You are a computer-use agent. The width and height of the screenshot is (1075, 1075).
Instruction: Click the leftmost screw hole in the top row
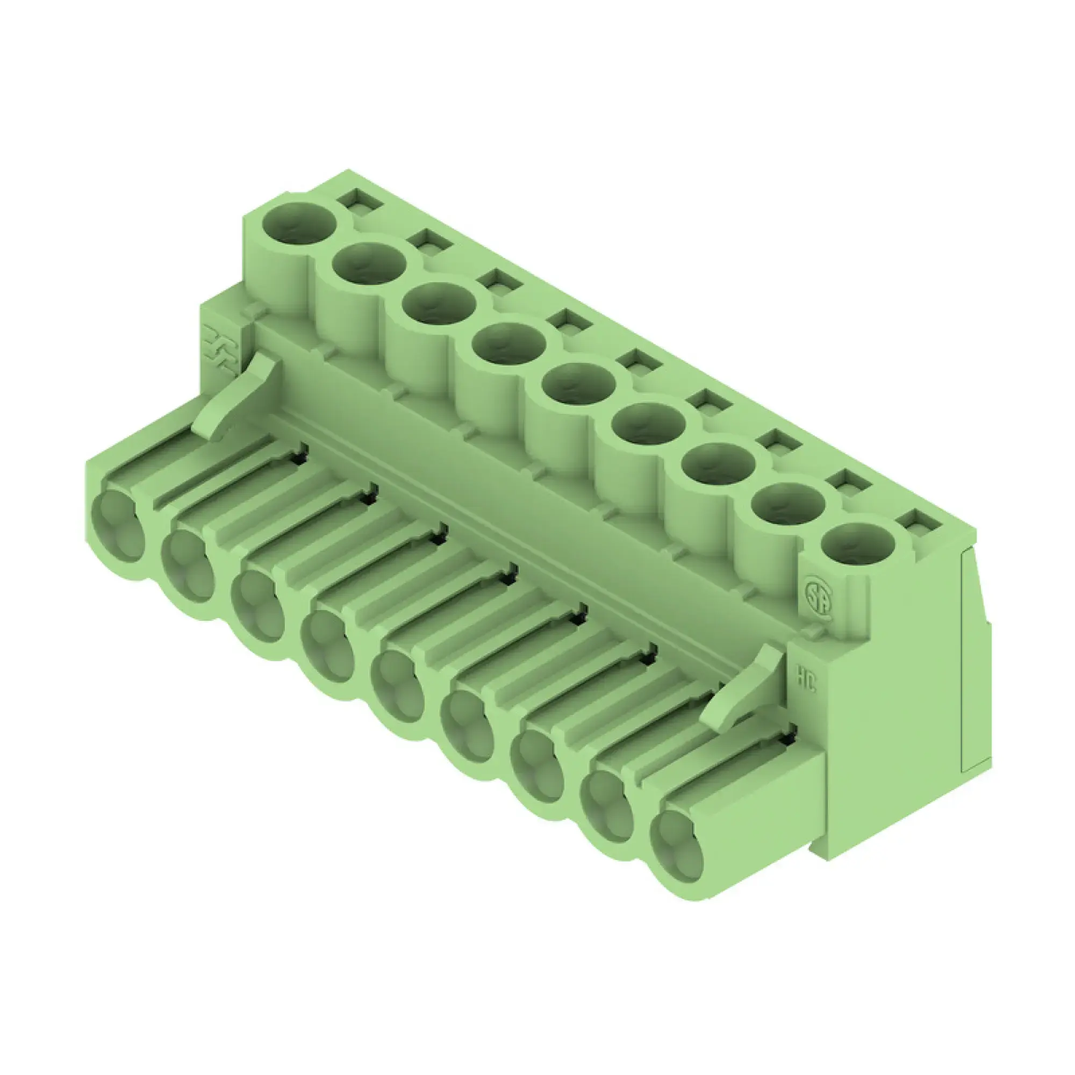coord(299,224)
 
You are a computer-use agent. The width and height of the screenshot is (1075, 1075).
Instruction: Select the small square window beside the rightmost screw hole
coord(920,522)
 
